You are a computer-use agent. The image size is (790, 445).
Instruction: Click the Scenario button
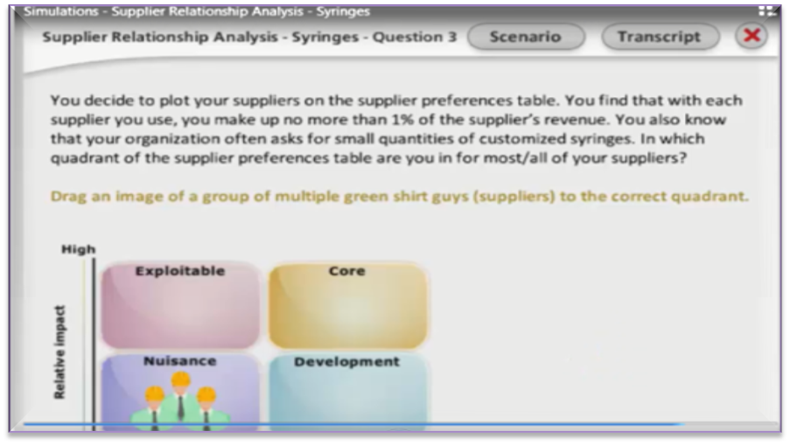526,37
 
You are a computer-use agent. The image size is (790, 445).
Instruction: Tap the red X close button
752,36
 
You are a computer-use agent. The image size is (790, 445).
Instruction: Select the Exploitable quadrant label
180,271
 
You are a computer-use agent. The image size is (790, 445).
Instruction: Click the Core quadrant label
346,271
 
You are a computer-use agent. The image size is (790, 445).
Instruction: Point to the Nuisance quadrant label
180,361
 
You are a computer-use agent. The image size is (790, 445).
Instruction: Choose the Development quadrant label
346,361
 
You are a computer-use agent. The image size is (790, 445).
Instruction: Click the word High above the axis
78,249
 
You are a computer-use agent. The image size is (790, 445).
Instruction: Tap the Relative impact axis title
59,351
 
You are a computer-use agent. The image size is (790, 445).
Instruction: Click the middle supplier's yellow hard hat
180,379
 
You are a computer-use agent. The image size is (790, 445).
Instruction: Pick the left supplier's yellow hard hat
155,393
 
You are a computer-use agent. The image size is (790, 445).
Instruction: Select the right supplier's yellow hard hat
206,394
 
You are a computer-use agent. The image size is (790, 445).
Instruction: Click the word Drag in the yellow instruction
68,197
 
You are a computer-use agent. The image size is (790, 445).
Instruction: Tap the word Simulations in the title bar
61,11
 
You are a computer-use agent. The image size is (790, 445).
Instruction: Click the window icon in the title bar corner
766,10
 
